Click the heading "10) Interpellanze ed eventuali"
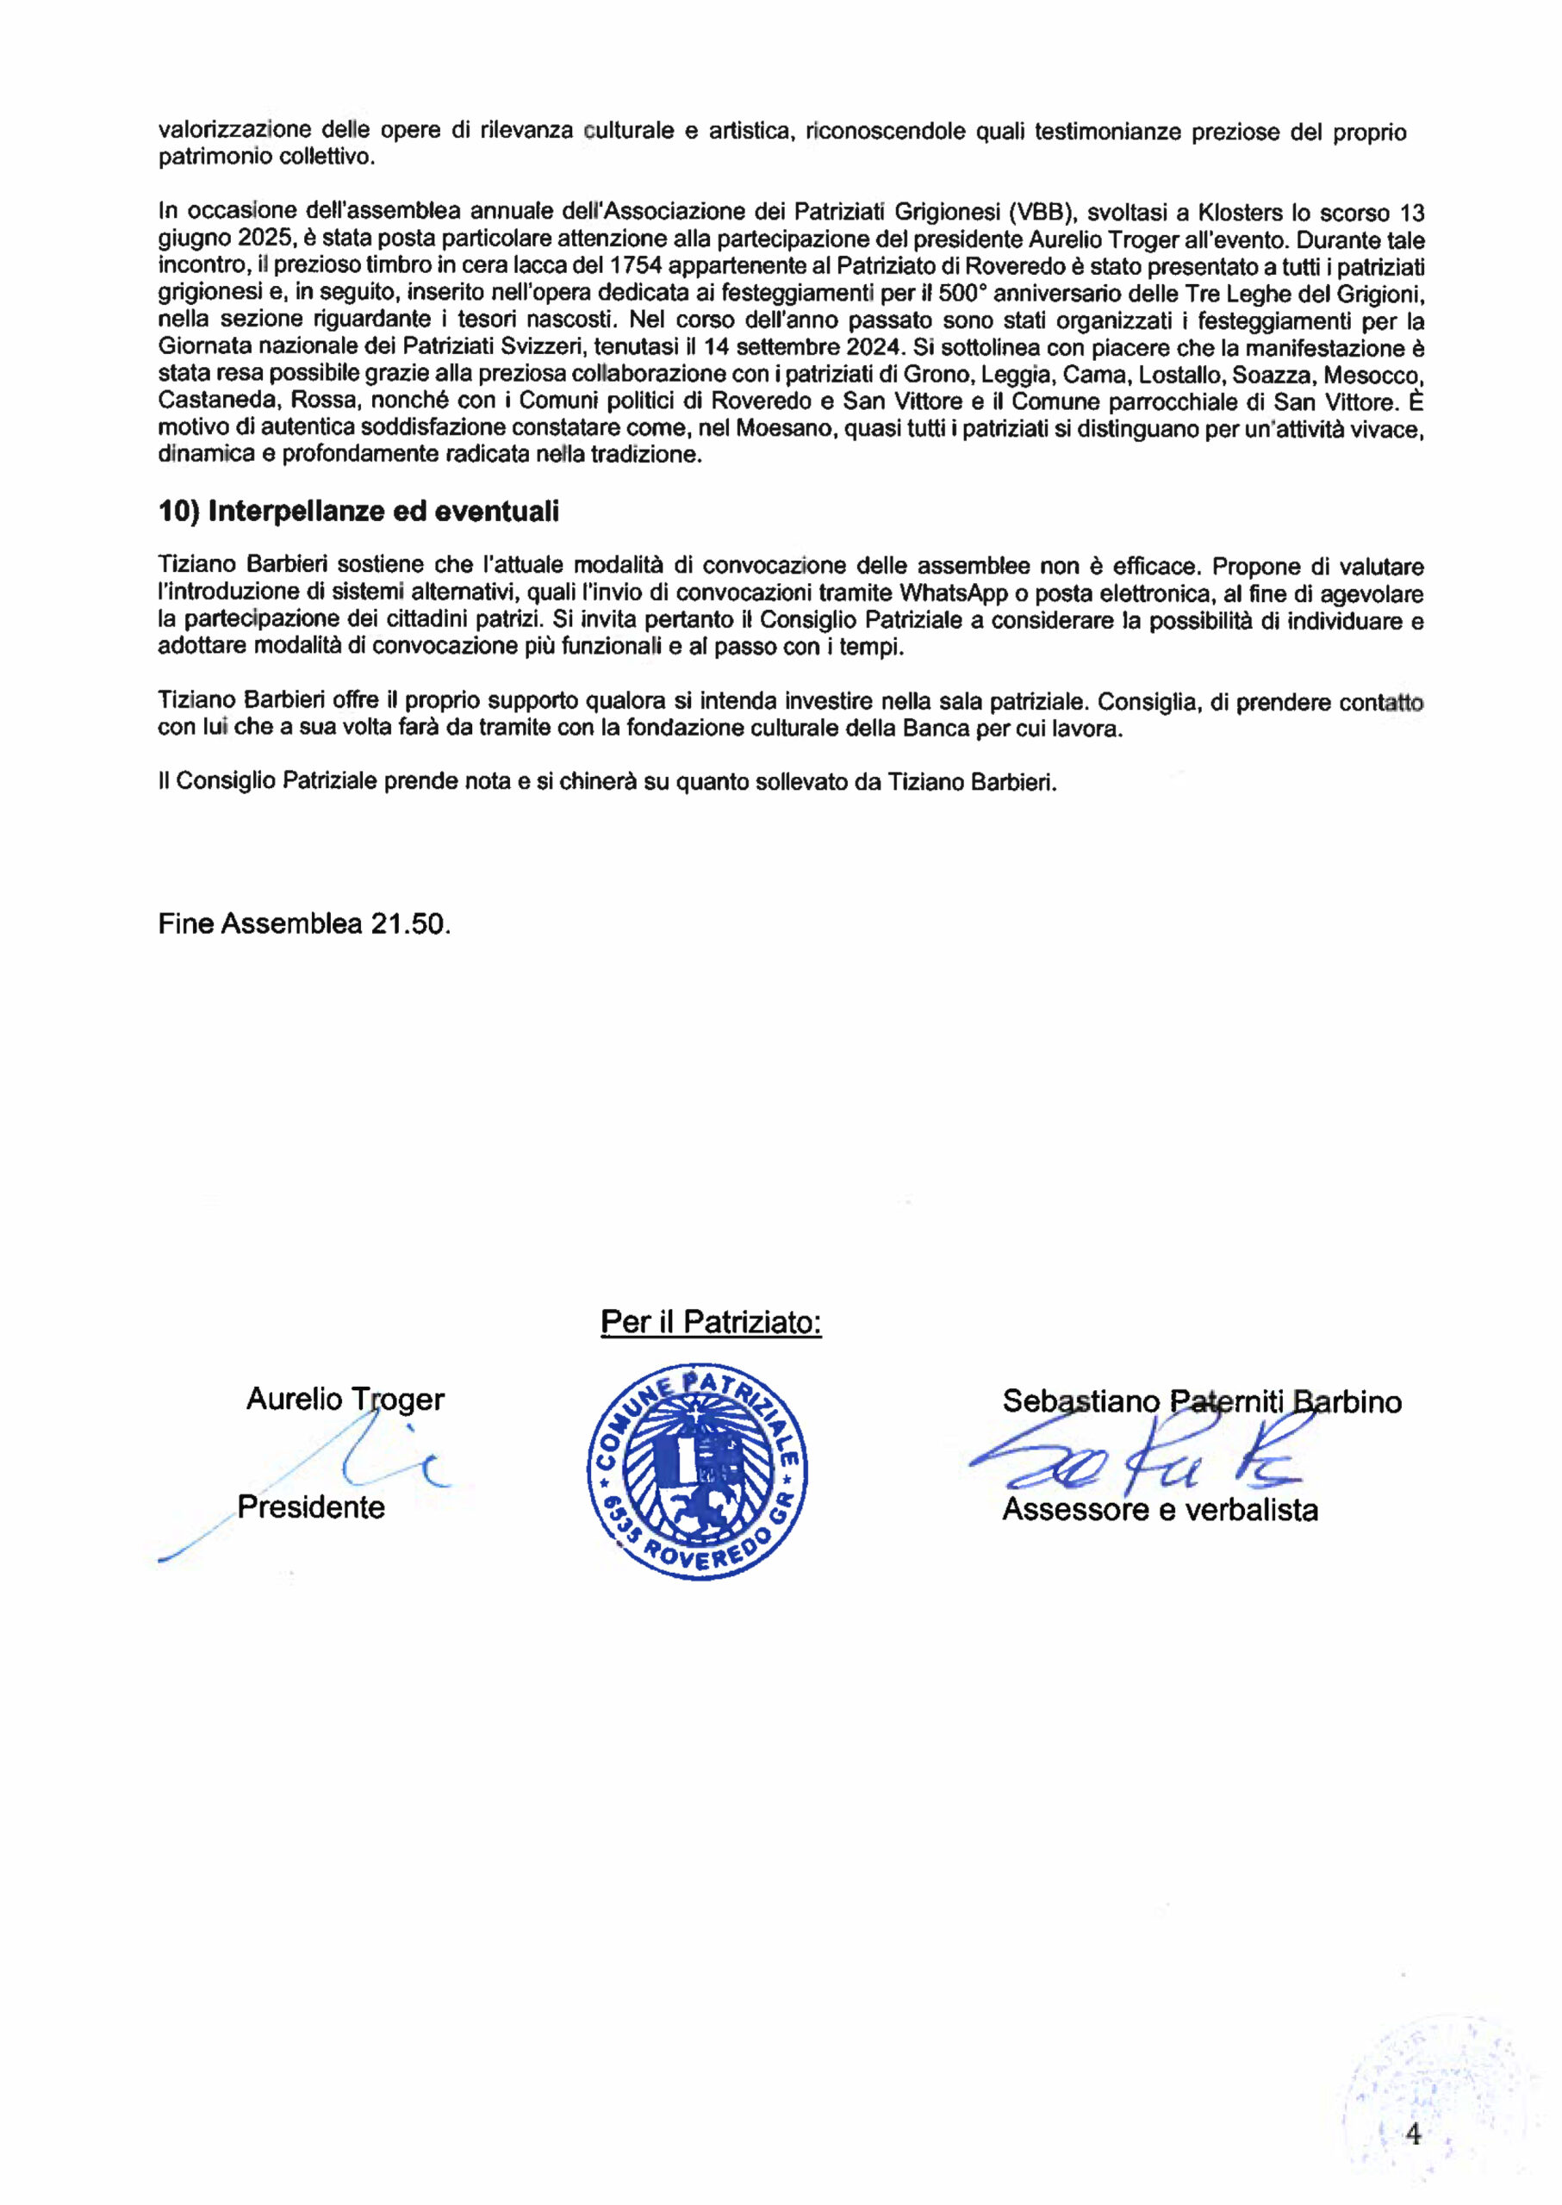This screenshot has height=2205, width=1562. pos(358,512)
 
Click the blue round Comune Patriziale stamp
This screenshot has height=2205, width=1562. pos(697,1471)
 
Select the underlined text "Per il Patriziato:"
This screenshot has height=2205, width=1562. pos(711,1322)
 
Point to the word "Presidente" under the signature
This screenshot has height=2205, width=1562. pos(311,1506)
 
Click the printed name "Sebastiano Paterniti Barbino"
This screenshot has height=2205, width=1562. pos(1201,1401)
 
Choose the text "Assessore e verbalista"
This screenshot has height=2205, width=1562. pos(1159,1509)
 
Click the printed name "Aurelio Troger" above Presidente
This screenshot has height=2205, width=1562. pos(345,1398)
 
